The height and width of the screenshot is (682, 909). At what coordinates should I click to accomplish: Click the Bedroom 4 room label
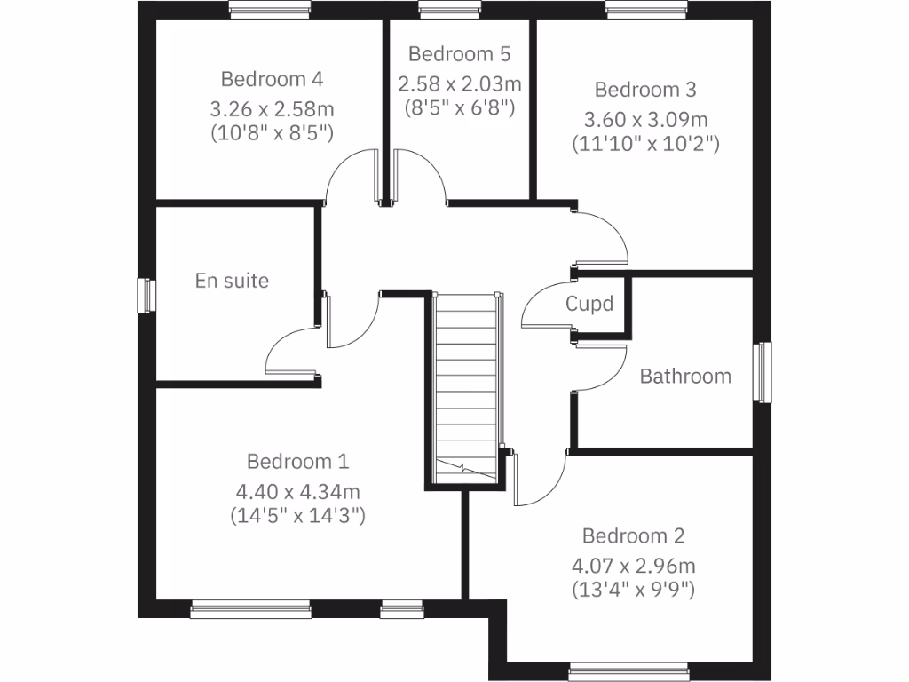coord(272,79)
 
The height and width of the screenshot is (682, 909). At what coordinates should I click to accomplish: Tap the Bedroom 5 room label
coord(459,54)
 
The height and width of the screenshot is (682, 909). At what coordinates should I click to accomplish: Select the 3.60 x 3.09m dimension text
coord(645,119)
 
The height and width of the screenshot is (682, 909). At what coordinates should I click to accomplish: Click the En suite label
coord(232,281)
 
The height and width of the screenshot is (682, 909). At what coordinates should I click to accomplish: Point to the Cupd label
coord(589,305)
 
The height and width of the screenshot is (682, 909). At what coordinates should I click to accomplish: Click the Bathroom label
coord(685,376)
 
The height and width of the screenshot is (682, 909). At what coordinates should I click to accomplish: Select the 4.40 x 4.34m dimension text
coord(297,491)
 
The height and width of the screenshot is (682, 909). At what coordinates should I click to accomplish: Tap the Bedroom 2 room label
coord(633,536)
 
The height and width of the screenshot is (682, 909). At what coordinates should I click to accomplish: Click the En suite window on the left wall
coord(143,295)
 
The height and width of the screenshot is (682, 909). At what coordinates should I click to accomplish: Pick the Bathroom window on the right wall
coord(762,372)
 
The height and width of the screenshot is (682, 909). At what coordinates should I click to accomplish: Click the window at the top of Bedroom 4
coord(269,9)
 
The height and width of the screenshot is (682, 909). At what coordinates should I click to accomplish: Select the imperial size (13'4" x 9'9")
coord(633,589)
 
